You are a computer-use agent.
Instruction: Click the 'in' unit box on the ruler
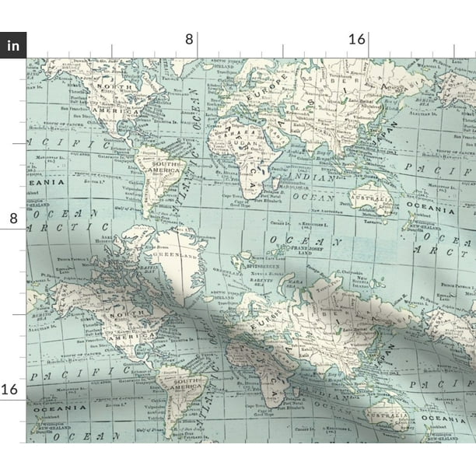[13, 44]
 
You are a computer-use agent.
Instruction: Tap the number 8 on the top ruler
[198, 39]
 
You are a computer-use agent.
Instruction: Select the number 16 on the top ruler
[357, 39]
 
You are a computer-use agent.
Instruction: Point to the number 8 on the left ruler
[13, 219]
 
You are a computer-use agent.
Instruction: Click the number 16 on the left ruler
[13, 389]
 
